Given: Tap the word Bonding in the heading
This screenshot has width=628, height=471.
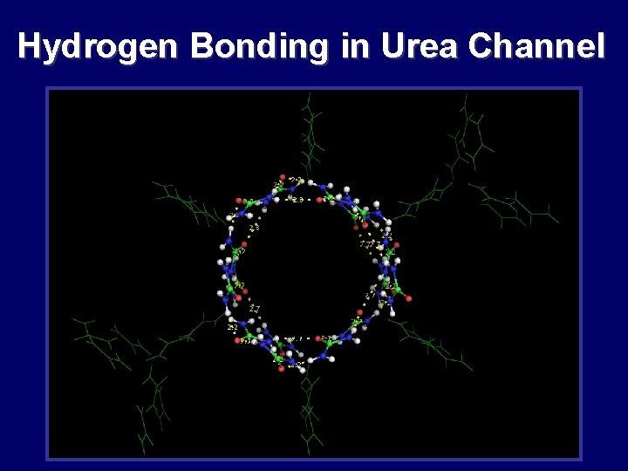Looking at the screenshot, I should [259, 46].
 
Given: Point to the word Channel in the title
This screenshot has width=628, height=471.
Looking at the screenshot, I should [536, 46].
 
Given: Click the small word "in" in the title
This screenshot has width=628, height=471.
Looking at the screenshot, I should [355, 46].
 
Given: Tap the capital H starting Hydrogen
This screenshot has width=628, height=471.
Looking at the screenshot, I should [29, 46].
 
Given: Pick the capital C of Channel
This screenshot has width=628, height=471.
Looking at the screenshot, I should [481, 46].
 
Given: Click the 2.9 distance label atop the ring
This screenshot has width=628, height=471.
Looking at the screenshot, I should [298, 200].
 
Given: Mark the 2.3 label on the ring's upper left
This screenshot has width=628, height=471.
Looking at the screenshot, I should [254, 228].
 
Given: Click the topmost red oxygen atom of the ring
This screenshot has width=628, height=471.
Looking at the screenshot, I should [283, 177].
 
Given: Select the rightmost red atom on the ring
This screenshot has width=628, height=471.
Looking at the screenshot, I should [408, 299].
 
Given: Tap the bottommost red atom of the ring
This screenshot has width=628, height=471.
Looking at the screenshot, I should [281, 369].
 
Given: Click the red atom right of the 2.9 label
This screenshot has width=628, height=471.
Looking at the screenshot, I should [320, 200].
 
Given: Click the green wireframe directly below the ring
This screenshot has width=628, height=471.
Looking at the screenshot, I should [308, 410].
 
